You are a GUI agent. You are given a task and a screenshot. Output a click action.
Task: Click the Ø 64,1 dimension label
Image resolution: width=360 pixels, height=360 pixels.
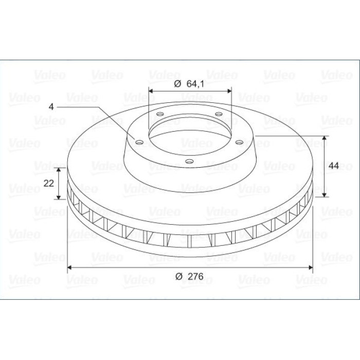pos(189,84)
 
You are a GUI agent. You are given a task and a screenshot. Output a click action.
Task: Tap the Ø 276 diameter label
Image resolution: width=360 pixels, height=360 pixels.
pos(189,276)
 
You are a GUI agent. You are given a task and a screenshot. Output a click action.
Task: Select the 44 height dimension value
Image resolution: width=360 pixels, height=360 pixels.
pos(334,166)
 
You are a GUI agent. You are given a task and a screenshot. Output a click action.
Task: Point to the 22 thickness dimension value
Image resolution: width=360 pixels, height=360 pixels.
pos(49,183)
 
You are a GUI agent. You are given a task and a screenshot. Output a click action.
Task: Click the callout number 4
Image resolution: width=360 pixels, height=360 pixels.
pos(51,107)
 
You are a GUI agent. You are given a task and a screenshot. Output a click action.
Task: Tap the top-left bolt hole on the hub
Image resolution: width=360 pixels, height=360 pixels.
pos(160,114)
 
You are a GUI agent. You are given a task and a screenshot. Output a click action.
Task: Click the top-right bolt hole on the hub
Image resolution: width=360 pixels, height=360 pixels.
pos(219,114)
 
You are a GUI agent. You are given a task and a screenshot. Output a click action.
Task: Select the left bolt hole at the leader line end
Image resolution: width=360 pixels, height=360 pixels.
pos(139,142)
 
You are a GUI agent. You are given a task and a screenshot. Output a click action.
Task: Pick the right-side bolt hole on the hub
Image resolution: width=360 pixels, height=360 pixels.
pos(240,142)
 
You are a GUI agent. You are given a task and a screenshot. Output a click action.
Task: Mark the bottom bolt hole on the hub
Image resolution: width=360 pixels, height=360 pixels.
pos(189,161)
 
